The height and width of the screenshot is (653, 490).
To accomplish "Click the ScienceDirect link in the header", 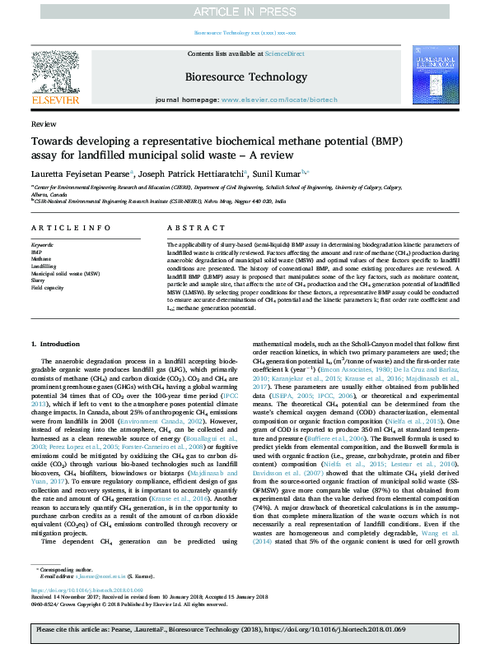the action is [281, 53].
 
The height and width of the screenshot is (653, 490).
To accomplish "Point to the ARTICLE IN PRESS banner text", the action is [245, 12].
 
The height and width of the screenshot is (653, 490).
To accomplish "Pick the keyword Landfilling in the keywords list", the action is [44, 266].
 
